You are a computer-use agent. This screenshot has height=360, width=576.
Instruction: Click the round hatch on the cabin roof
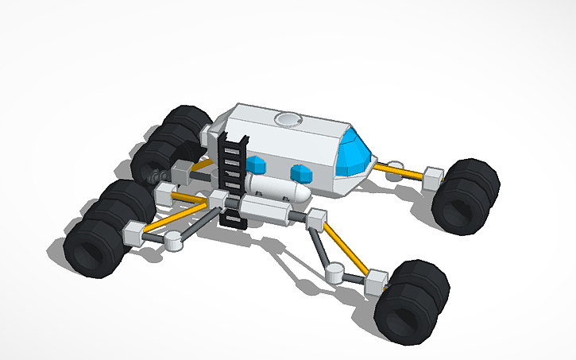click(x=288, y=120)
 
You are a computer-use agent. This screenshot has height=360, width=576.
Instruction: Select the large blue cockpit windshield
click(x=354, y=156)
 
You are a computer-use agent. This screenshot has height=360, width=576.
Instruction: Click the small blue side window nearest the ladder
click(x=256, y=165)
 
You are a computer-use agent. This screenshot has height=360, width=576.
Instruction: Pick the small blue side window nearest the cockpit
click(x=302, y=172)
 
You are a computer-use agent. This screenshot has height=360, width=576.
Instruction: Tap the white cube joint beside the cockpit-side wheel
click(x=434, y=176)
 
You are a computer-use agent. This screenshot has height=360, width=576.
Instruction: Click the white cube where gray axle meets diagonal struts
click(x=316, y=218)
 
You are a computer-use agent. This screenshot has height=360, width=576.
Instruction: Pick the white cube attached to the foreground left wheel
click(x=133, y=233)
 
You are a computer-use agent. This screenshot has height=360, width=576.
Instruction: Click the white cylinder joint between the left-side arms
click(x=175, y=239)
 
